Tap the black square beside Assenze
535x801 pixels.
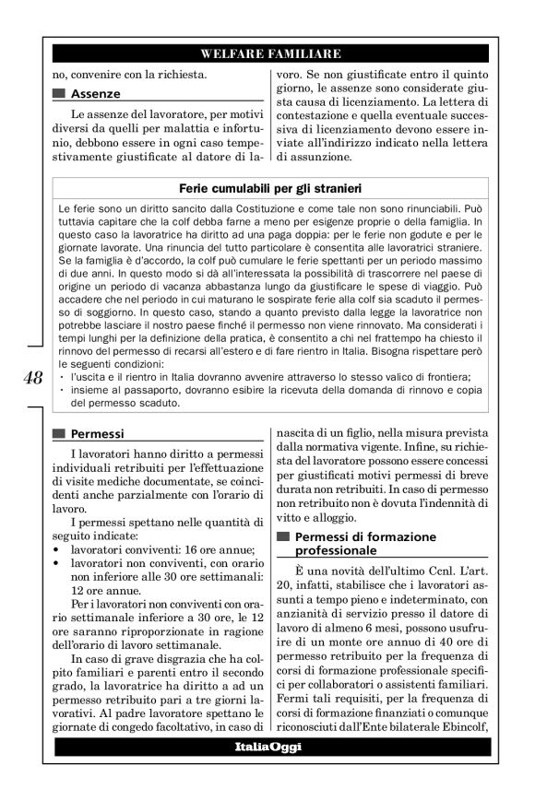61,94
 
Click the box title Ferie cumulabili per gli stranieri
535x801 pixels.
269,188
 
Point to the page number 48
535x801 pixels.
29,377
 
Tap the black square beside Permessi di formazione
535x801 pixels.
281,536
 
